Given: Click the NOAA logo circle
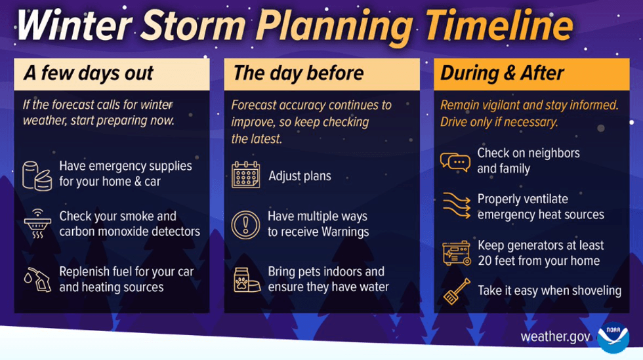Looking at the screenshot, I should [x=613, y=336].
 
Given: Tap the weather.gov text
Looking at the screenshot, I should [x=555, y=337].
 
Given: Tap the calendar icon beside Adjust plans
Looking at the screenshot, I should [x=245, y=176].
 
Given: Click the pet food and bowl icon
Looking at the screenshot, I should [x=245, y=279].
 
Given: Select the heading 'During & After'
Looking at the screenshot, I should [x=502, y=73].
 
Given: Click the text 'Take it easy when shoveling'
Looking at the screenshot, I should [x=549, y=290].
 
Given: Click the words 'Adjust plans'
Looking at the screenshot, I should [x=299, y=176].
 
